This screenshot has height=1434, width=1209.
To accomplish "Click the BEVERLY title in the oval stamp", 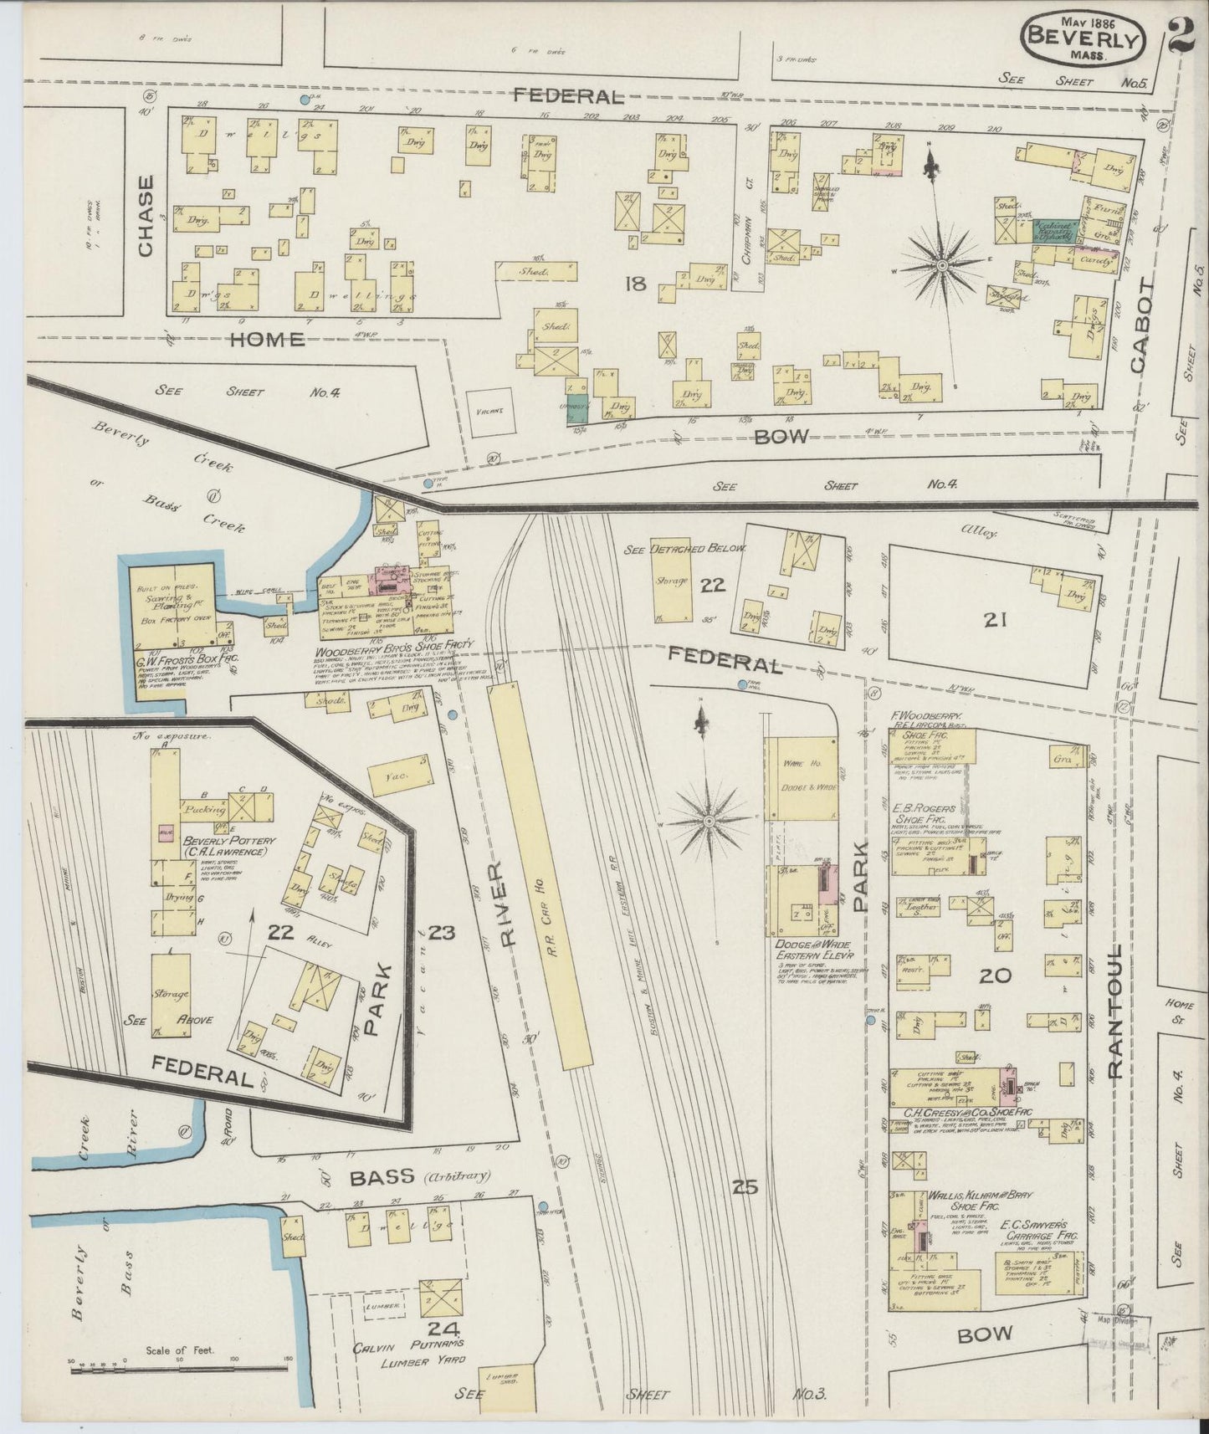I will pos(1083,37).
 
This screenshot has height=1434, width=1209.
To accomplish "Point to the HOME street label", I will pos(267,339).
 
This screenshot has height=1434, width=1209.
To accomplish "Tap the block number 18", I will pos(635,284).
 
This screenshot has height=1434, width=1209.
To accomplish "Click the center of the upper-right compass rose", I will pos(943,266).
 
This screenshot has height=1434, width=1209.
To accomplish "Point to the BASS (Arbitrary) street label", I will pos(418,1177).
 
